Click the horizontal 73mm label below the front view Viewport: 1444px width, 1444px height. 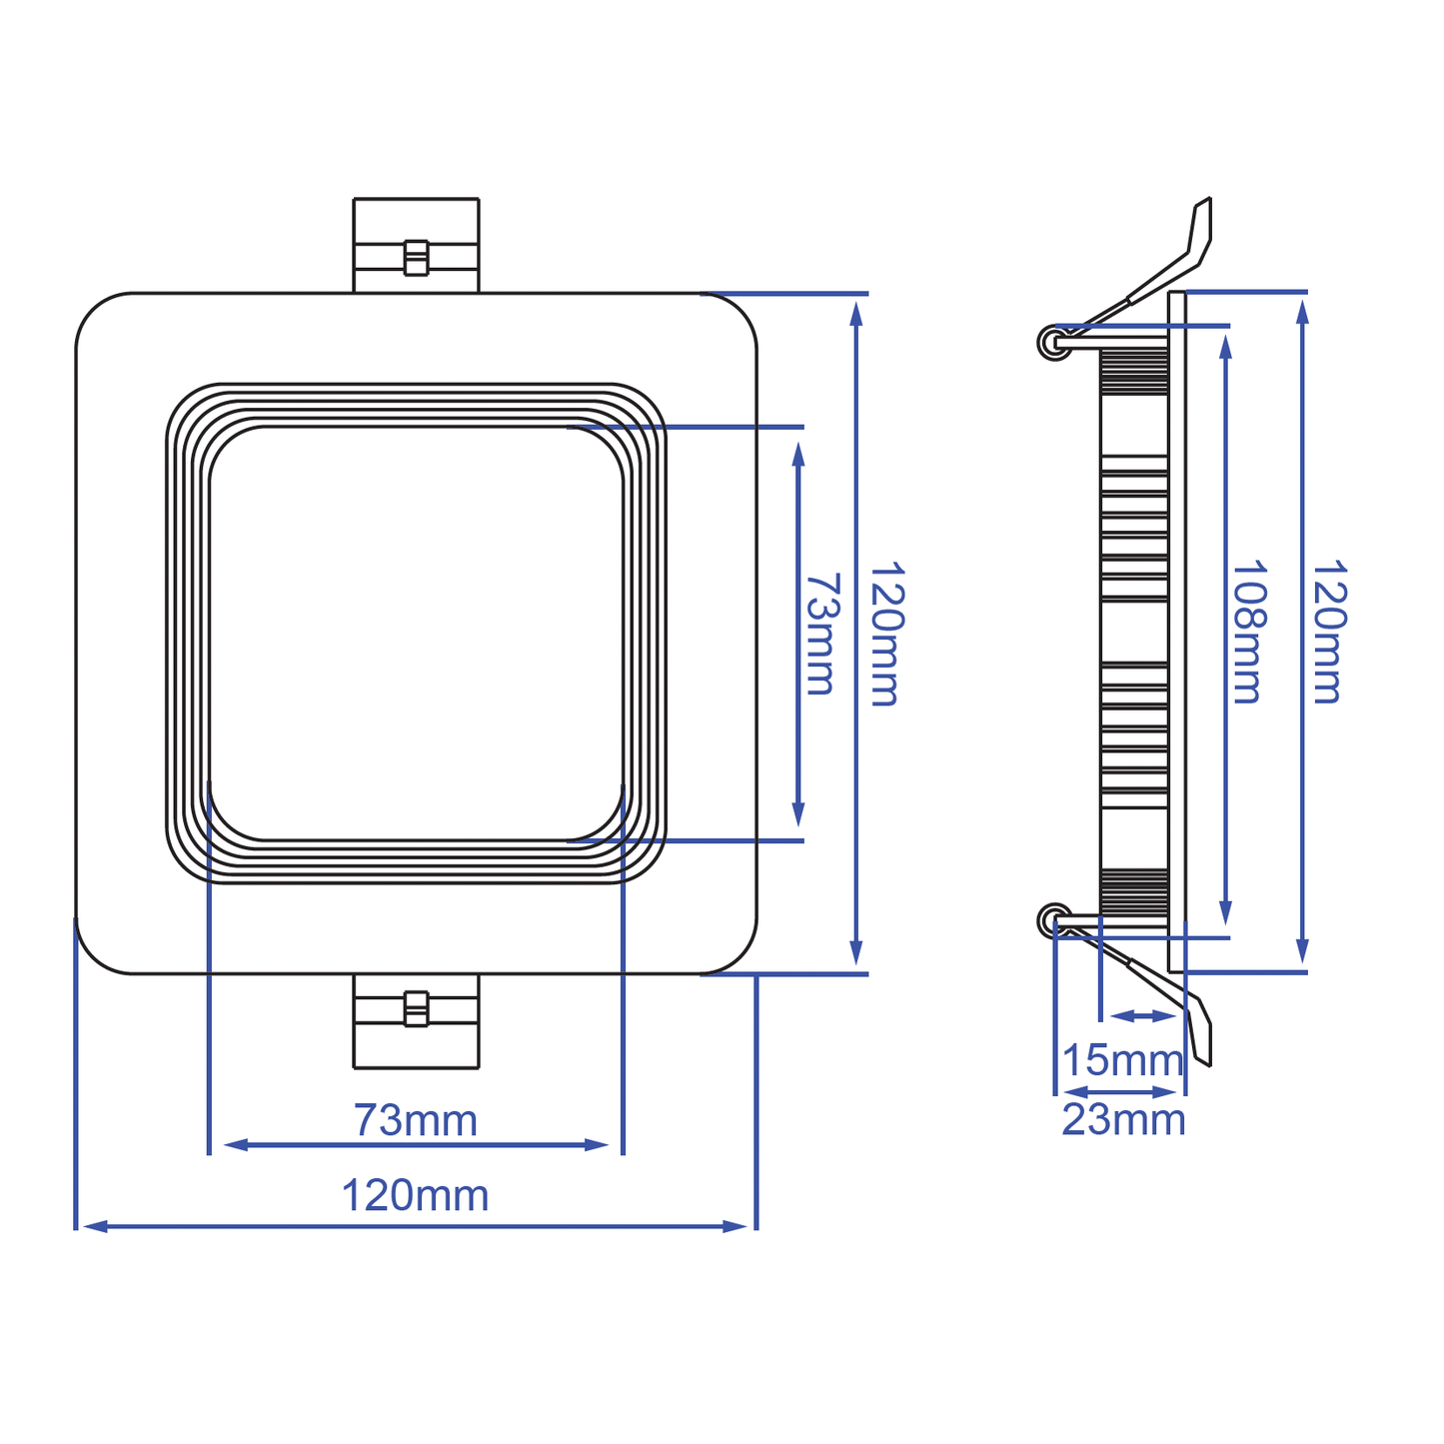(416, 1120)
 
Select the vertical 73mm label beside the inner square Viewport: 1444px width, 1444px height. (821, 634)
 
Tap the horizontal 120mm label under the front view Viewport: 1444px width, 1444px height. (416, 1195)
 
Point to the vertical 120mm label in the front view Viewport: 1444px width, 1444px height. (885, 634)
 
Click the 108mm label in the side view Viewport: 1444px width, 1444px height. (1248, 632)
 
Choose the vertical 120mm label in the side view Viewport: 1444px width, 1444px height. (1329, 632)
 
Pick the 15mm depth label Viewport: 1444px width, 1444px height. (1122, 1060)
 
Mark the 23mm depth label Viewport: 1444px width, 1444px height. (1123, 1120)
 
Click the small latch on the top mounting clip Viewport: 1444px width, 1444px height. (416, 257)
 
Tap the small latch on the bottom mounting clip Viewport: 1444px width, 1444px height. (416, 1008)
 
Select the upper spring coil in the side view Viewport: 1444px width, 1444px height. (1053, 343)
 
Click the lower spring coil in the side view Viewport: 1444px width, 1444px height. (1053, 918)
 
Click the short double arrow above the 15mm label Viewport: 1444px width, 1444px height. (1143, 1016)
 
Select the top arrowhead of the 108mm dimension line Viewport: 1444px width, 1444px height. (1226, 346)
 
